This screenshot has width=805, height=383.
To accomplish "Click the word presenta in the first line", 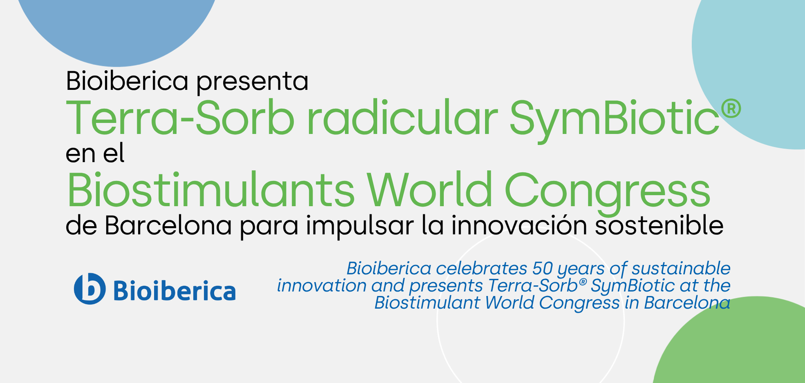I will coord(252,82).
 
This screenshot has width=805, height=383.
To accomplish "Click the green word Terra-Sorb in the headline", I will coord(180,118).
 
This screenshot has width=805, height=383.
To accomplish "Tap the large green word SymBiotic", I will coord(614,118).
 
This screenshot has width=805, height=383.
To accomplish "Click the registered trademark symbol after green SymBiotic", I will coord(731,108).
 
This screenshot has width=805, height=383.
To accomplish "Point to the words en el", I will coord(95,154).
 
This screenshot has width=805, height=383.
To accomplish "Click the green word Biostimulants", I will coord(211,191).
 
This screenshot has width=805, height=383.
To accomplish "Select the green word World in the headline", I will coord(429,191).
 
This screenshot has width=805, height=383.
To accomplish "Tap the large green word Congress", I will coord(607,191).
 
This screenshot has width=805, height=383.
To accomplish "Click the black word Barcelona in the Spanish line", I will coord(168,226).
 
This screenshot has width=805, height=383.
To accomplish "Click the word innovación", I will coord(519,226).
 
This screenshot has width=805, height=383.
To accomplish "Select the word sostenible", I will coord(659,226).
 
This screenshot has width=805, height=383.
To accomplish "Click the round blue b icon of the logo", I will coord(90,289).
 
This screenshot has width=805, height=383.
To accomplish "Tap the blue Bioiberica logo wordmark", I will coord(174,291).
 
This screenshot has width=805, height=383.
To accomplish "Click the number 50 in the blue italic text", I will coord(543,269).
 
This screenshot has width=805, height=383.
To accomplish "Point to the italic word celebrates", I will coord(482,269).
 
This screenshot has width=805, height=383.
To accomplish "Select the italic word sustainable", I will coord(681,269).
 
